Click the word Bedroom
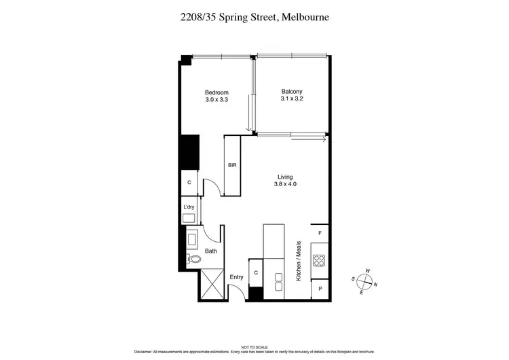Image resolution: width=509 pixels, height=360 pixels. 216,92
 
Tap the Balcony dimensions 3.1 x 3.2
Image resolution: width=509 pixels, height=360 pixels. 292,99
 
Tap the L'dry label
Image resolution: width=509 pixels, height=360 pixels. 189,207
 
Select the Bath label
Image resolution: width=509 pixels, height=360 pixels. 211,251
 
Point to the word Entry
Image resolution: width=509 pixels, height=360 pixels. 236,277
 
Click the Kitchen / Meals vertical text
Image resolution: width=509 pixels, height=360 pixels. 297,261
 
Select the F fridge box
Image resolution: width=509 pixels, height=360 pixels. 320,233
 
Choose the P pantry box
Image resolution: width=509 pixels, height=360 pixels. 320,289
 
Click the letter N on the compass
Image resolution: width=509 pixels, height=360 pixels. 375,285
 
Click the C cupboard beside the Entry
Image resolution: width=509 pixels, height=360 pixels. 255,273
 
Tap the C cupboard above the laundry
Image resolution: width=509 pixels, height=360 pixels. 189,183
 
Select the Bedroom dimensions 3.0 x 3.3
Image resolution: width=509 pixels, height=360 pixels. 216,100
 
